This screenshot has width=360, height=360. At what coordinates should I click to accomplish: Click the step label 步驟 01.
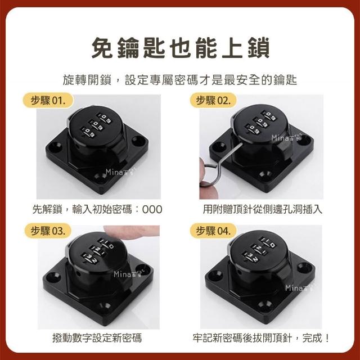(x=48, y=101)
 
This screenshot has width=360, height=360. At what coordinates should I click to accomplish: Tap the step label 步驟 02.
(x=213, y=101)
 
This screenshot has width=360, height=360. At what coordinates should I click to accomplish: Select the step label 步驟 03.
(x=48, y=231)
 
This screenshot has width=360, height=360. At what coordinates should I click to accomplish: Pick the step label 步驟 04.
(x=213, y=231)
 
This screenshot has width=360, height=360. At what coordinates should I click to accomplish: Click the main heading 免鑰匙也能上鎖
(x=180, y=48)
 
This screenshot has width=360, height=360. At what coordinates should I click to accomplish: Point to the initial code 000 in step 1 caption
(x=152, y=209)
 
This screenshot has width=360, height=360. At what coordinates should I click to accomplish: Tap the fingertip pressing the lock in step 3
(x=131, y=231)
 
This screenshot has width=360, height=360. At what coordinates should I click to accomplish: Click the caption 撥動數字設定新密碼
(x=97, y=338)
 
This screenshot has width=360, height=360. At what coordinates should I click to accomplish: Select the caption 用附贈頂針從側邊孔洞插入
(x=263, y=209)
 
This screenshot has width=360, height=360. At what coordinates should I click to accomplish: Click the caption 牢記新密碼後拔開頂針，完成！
(x=261, y=338)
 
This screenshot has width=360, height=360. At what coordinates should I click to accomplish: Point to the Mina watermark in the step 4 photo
(x=299, y=287)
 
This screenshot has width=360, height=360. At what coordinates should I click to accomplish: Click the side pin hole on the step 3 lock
(x=79, y=274)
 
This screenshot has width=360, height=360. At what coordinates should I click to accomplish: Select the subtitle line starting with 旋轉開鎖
(x=180, y=80)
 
